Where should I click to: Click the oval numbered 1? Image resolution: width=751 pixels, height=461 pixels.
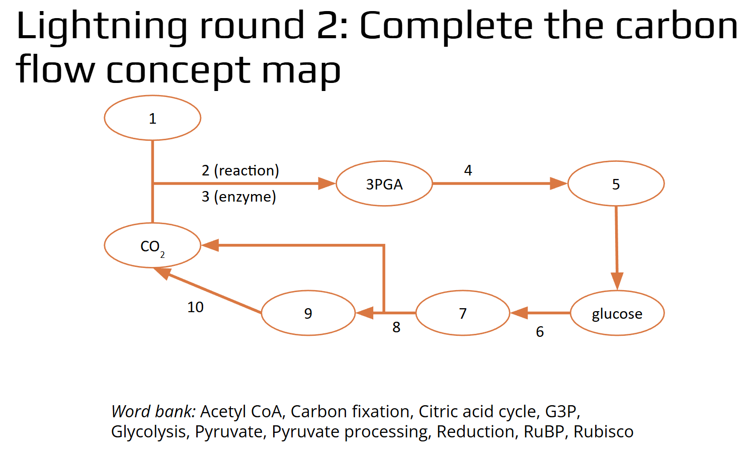click(x=152, y=118)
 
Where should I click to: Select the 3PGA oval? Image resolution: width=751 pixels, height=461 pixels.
click(x=384, y=184)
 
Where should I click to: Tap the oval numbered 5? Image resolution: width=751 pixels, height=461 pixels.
click(x=616, y=184)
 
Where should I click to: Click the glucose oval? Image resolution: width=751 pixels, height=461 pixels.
click(x=617, y=313)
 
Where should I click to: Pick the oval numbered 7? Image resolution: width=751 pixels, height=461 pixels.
click(x=463, y=313)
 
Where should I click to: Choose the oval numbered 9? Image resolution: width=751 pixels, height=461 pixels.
click(x=308, y=313)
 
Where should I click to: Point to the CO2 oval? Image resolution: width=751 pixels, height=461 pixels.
click(x=152, y=246)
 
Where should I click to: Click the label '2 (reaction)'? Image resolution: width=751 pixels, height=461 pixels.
click(x=240, y=170)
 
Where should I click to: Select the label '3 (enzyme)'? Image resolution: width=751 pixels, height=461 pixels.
click(x=239, y=197)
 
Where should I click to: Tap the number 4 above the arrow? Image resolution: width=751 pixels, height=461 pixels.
click(x=468, y=170)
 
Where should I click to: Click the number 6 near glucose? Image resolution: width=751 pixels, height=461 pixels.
click(x=540, y=332)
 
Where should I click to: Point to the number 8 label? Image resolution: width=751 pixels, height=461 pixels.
click(x=396, y=327)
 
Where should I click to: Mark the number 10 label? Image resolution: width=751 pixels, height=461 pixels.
click(x=195, y=307)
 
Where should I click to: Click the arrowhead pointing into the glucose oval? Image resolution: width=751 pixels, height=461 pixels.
click(x=617, y=281)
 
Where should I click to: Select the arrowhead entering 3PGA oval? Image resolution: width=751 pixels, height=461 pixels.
click(x=327, y=183)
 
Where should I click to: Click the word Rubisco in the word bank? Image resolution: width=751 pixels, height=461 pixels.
click(x=603, y=432)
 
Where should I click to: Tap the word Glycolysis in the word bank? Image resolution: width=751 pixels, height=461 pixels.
click(x=148, y=432)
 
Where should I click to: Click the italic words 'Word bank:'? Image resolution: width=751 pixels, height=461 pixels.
click(x=153, y=412)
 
